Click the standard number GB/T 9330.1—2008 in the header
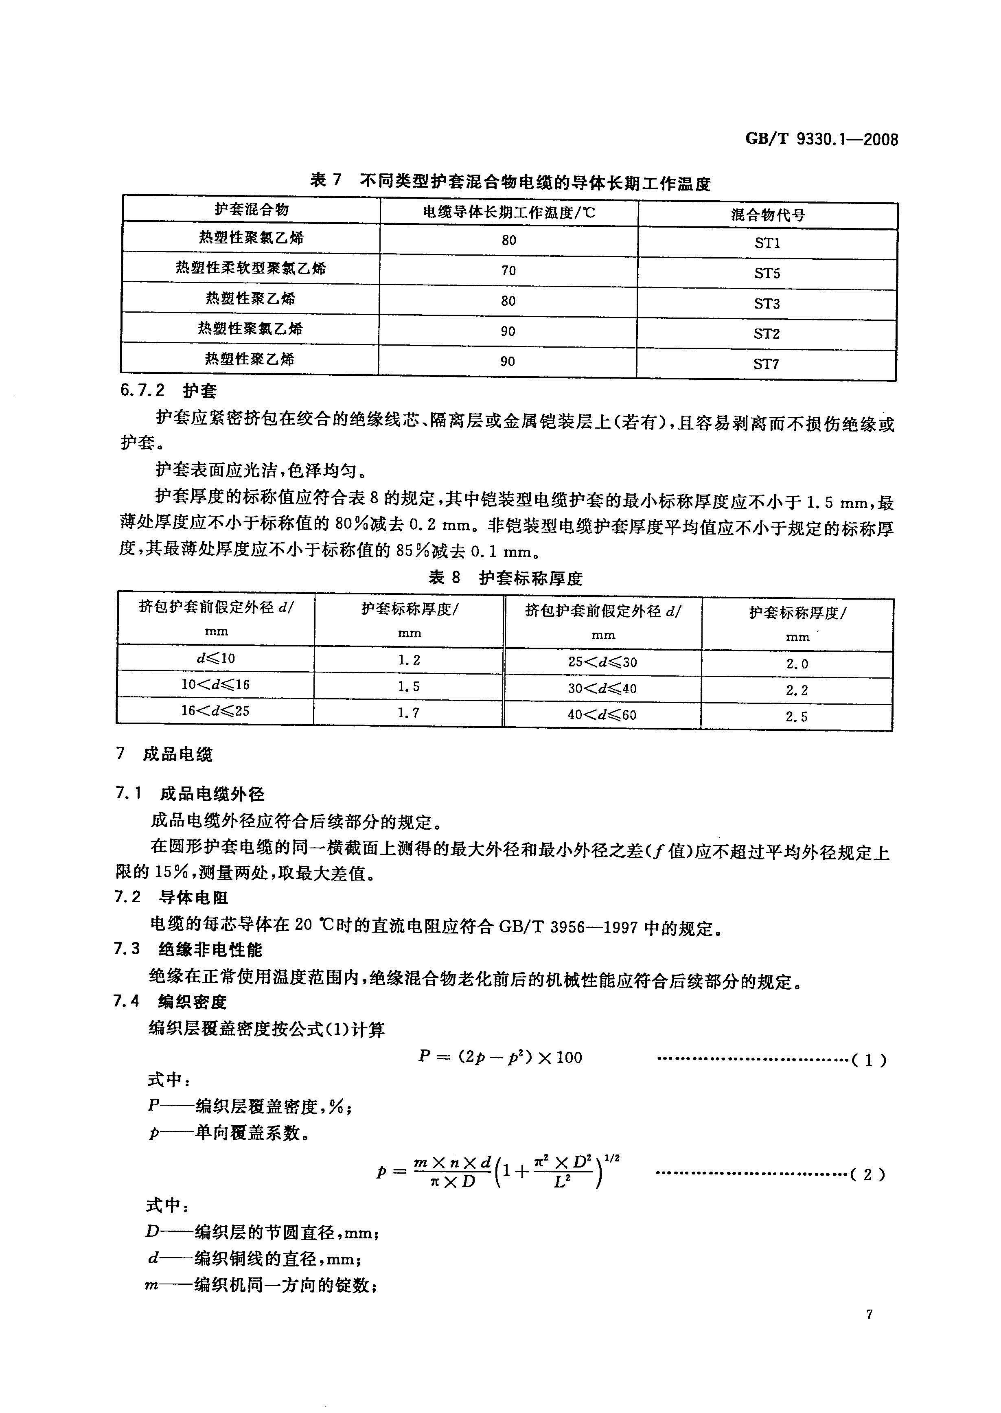coord(821,139)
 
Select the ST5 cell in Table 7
coord(767,273)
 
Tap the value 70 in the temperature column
coord(508,270)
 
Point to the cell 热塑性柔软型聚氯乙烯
coord(251,268)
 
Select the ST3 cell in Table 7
coord(767,303)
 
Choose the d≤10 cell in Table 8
coord(216,658)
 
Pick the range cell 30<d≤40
coord(602,688)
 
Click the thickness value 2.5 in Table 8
coord(796,716)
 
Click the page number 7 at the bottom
coord(869,1314)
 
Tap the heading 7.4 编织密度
coord(171,1001)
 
